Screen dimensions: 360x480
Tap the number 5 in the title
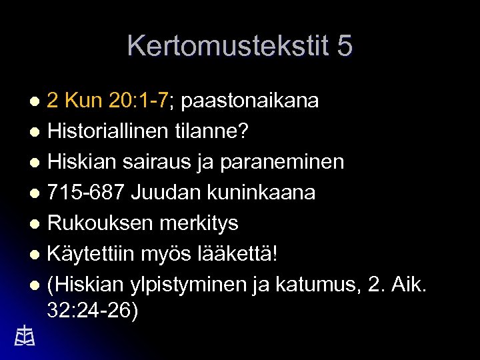[345, 46]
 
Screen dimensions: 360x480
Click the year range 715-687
[86, 193]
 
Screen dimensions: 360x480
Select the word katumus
[313, 285]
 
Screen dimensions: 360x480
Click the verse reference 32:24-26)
[93, 311]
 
